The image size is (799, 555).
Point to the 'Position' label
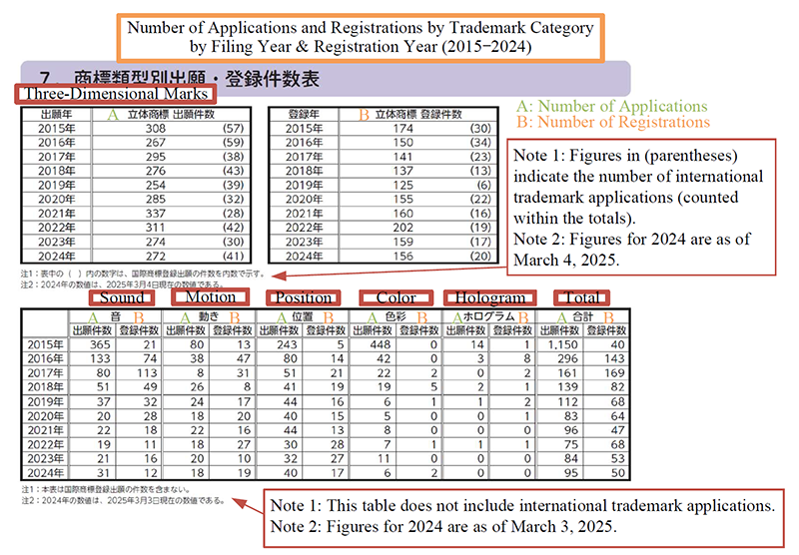[x=304, y=297]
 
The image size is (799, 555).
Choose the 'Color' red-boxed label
[x=397, y=297]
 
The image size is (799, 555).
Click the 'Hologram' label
[x=489, y=297]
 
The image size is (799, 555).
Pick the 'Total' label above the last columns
[x=581, y=297]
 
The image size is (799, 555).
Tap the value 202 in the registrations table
[x=401, y=227]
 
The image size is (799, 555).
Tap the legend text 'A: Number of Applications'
[x=610, y=106]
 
